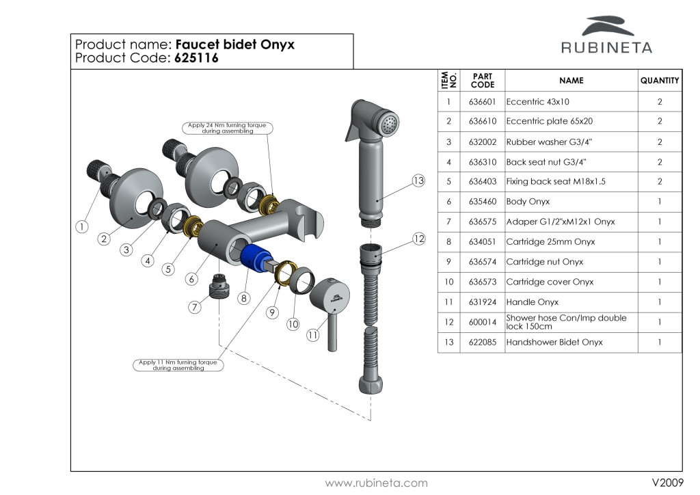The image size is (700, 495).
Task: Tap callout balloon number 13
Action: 419,181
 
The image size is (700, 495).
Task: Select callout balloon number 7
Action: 195,307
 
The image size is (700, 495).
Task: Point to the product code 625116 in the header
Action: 197,59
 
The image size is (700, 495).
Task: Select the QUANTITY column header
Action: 660,81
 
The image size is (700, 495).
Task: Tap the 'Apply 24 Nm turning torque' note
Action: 228,129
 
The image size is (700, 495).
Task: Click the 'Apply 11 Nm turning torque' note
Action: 178,365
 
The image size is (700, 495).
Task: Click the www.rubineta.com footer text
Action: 376,483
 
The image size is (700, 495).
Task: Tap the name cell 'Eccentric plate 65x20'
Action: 549,122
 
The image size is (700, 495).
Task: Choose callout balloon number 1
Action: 82,226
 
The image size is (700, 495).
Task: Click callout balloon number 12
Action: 419,239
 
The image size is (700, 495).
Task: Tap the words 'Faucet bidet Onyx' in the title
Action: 235,44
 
